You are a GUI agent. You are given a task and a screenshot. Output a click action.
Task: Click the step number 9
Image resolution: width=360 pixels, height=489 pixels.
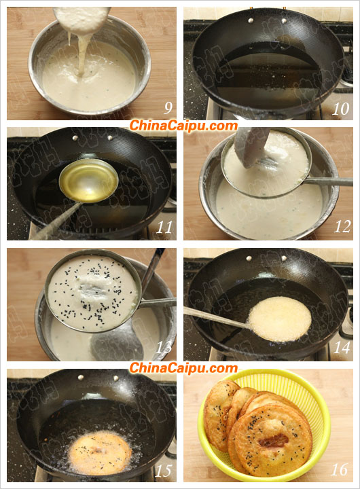point(168,108)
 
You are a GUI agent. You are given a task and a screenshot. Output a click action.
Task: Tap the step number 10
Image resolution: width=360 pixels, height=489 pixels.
point(340,109)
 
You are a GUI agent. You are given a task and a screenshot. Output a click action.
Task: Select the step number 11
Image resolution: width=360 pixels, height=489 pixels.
point(164,228)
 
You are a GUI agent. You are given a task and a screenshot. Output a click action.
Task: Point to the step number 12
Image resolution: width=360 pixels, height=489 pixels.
point(342,227)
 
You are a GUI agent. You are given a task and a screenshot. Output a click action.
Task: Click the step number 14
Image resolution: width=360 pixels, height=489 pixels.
point(342,348)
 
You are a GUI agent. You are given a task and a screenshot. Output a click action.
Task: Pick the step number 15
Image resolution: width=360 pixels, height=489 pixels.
point(164,471)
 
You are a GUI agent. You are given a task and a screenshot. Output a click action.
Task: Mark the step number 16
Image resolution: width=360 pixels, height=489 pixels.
point(340,470)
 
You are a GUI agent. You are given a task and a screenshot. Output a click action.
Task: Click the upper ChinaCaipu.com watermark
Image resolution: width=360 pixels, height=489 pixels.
point(183,126)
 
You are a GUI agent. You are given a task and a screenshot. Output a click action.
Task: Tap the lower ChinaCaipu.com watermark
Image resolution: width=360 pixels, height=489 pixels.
point(183,368)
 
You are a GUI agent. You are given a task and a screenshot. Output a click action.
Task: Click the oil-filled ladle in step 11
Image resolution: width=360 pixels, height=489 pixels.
point(88,180)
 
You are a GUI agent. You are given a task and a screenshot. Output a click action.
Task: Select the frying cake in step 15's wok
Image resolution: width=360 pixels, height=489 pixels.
point(100,453)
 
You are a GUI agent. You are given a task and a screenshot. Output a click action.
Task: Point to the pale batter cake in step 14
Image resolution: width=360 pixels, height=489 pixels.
point(280,319)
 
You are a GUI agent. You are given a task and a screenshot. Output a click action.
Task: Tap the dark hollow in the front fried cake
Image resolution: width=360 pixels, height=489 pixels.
point(273,441)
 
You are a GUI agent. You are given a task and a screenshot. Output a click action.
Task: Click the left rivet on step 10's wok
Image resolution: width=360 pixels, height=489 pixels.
point(251,20)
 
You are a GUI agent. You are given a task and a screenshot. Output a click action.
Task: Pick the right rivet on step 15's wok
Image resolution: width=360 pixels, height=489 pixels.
point(116,378)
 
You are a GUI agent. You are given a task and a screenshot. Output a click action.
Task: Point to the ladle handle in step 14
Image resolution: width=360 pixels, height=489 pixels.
point(216,317)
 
